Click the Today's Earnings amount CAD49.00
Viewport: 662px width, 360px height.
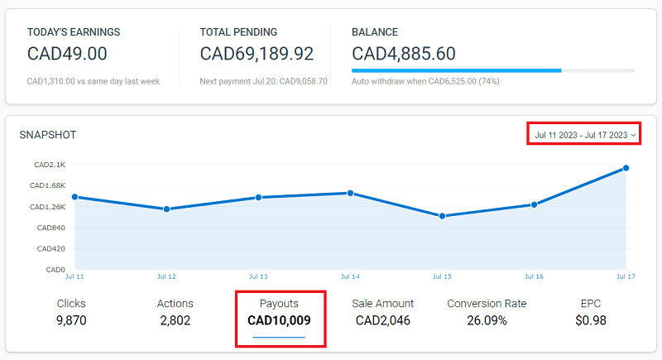(x=67, y=54)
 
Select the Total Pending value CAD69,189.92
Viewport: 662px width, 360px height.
(x=257, y=54)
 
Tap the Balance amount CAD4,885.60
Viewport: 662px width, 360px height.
(x=403, y=54)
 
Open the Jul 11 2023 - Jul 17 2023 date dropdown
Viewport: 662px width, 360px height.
(x=584, y=134)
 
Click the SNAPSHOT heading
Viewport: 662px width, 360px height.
(x=47, y=134)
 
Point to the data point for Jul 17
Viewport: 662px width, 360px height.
(x=626, y=168)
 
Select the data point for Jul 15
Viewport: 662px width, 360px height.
(x=443, y=216)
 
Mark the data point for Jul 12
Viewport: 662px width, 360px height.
(x=166, y=209)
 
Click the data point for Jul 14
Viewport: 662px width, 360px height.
(x=350, y=193)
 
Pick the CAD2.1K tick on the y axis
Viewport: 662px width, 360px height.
(x=50, y=165)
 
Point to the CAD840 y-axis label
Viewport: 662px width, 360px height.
(x=50, y=228)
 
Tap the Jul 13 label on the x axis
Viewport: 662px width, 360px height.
(x=258, y=276)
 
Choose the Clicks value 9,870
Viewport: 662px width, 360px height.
(x=71, y=320)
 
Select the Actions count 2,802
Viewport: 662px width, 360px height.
(x=175, y=320)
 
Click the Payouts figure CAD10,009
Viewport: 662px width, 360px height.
(x=279, y=320)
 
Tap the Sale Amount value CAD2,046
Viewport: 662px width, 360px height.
(x=382, y=320)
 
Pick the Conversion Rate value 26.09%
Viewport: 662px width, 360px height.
(x=487, y=320)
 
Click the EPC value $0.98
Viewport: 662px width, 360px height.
(x=591, y=320)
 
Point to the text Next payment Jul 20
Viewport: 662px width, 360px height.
(x=235, y=81)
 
